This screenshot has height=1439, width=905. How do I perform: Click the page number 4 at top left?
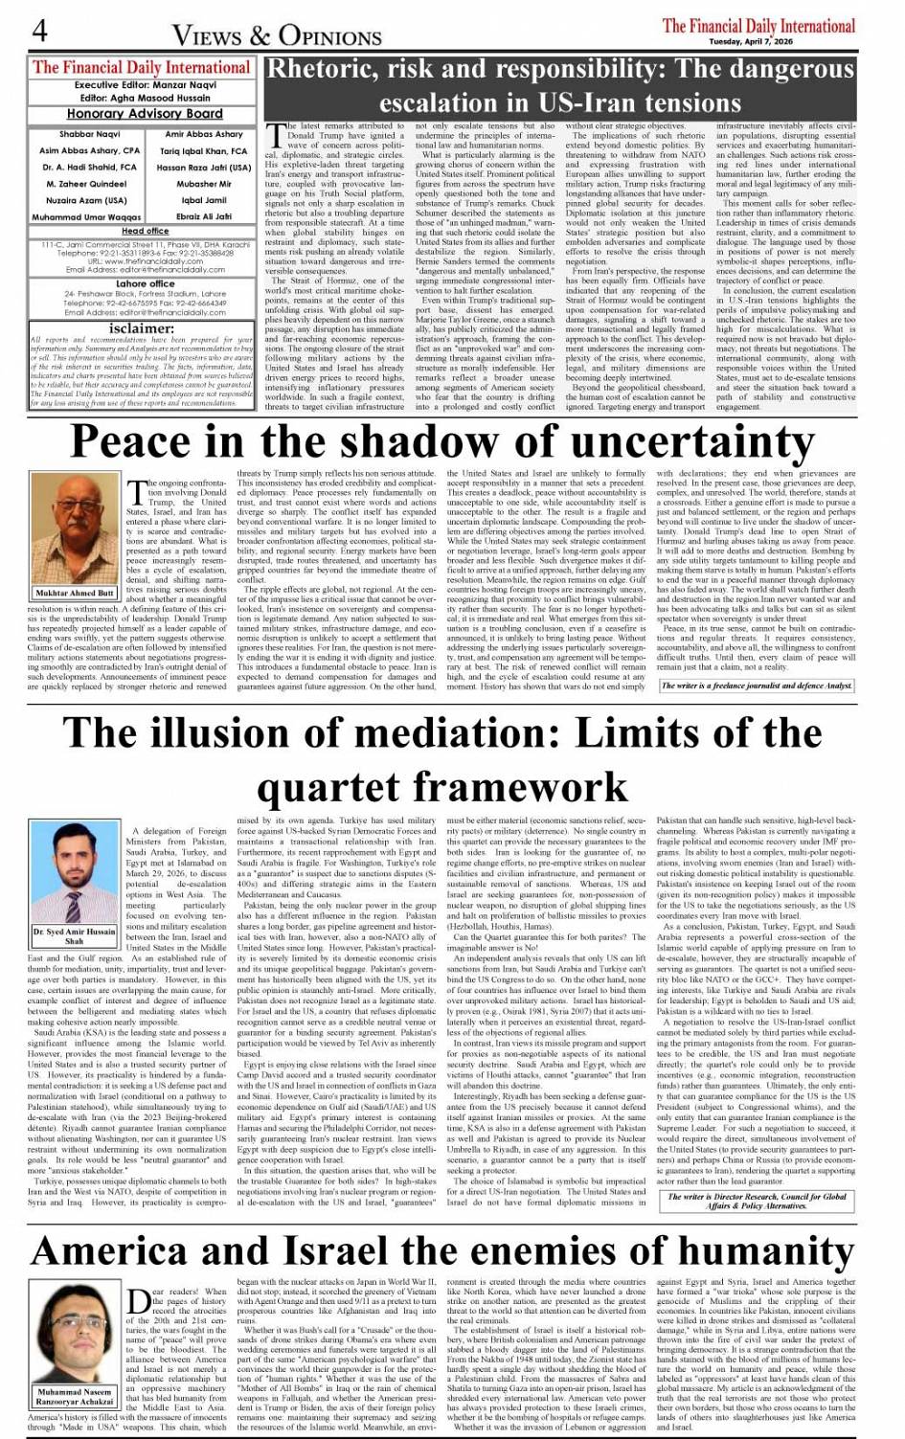(39, 31)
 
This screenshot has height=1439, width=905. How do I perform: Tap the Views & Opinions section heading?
(277, 36)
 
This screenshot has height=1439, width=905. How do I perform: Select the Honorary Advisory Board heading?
(145, 114)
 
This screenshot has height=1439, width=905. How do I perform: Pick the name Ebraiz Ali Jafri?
(204, 216)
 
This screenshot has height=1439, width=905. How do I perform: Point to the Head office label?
(145, 231)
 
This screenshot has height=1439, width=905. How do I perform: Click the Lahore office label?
(145, 284)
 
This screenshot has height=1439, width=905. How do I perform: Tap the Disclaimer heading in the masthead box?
(142, 327)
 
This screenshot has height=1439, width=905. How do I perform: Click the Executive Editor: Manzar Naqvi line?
(145, 85)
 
